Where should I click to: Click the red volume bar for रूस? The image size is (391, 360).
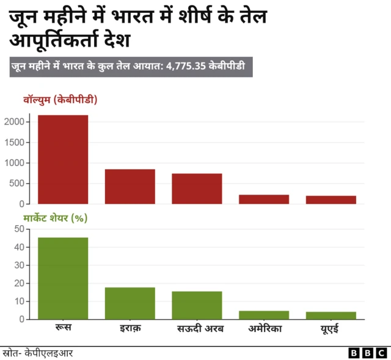pos(63,159)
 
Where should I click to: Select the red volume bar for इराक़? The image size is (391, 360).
pos(130,186)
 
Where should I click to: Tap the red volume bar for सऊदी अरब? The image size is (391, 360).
pos(197,189)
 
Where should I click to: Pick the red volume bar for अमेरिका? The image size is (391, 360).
pos(264,199)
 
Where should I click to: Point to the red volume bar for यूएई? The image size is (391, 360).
pos(331,200)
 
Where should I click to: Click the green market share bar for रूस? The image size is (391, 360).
pos(63,278)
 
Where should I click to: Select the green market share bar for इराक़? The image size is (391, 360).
pos(130,303)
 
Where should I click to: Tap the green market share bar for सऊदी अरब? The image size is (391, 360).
pos(197,305)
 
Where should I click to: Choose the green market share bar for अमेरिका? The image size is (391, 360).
pos(264,315)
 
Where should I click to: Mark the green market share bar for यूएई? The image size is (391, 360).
pos(331,315)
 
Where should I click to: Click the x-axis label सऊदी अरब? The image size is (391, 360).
pos(197,329)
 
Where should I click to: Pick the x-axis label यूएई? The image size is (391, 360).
pos(331,329)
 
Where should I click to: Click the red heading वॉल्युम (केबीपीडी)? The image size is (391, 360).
pos(60,99)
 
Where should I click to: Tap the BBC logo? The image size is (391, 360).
pos(368,353)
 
